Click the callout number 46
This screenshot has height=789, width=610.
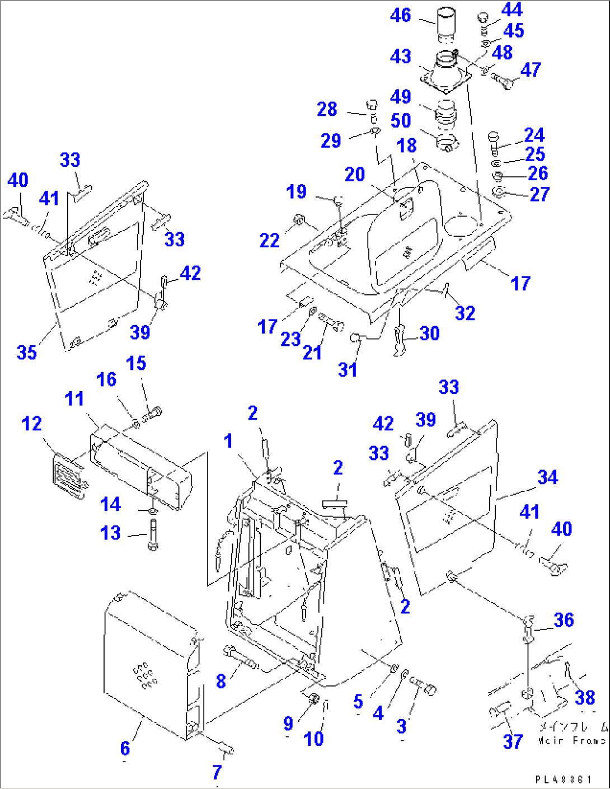(400, 16)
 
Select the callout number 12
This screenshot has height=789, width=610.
(31, 424)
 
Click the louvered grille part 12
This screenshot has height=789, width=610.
(68, 477)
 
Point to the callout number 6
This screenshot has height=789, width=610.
(125, 748)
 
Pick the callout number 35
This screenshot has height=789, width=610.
(26, 353)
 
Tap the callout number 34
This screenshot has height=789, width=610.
(547, 477)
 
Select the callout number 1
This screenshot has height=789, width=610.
(228, 441)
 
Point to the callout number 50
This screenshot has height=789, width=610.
(400, 121)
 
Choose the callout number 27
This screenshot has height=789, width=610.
(539, 194)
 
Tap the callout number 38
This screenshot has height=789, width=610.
(585, 697)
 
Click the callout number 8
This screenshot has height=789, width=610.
(221, 681)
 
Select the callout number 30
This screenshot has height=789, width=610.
(429, 334)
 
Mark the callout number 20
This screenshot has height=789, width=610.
(355, 175)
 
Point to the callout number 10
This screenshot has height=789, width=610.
(313, 739)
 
